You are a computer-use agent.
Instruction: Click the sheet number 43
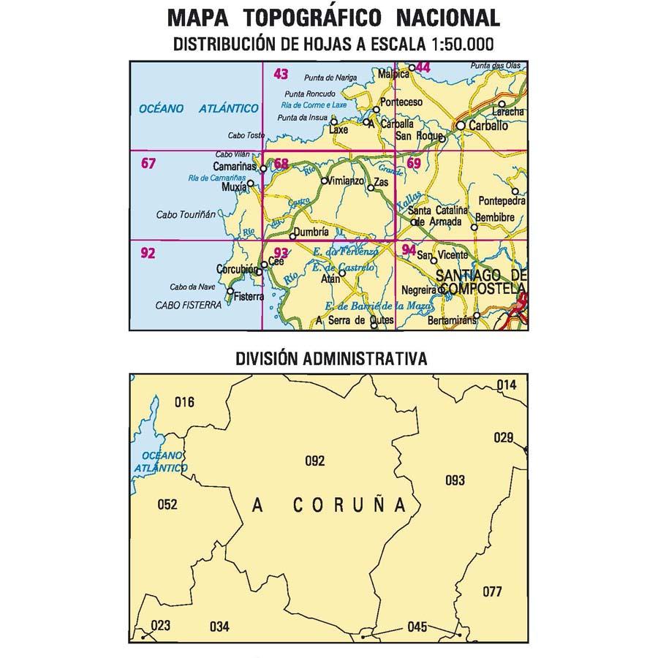pyautogui.click(x=281, y=73)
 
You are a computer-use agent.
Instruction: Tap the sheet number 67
pyautogui.click(x=148, y=163)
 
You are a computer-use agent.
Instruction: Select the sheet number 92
pyautogui.click(x=148, y=254)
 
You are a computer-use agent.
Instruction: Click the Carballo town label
pyautogui.click(x=488, y=126)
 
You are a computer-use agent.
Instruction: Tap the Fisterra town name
pyautogui.click(x=249, y=297)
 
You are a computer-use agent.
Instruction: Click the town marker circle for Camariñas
pyautogui.click(x=263, y=169)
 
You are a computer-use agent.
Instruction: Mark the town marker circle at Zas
pyautogui.click(x=371, y=189)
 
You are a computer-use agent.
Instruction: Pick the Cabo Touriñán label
pyautogui.click(x=186, y=215)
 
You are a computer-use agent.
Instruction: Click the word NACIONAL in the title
pyautogui.click(x=449, y=18)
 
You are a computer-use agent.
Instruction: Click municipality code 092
pyautogui.click(x=314, y=461)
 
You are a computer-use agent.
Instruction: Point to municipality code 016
pyautogui.click(x=186, y=401)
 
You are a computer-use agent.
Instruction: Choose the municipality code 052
pyautogui.click(x=167, y=504)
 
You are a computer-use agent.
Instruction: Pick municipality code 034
pyautogui.click(x=219, y=626)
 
